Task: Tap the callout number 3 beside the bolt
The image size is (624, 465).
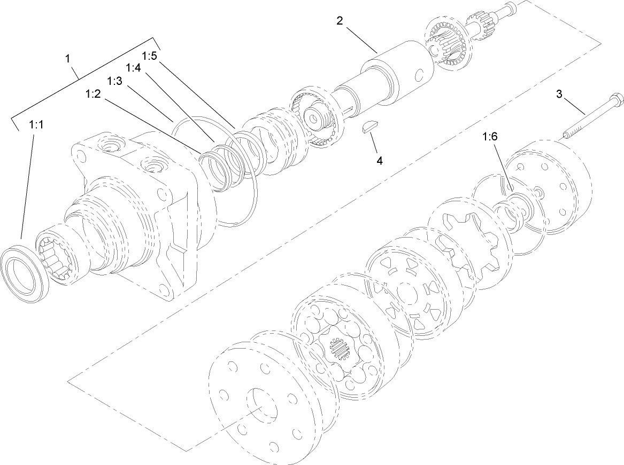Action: pyautogui.click(x=559, y=94)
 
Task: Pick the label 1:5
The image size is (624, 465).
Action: pyautogui.click(x=150, y=56)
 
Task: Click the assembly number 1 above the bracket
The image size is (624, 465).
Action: pyautogui.click(x=68, y=59)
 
